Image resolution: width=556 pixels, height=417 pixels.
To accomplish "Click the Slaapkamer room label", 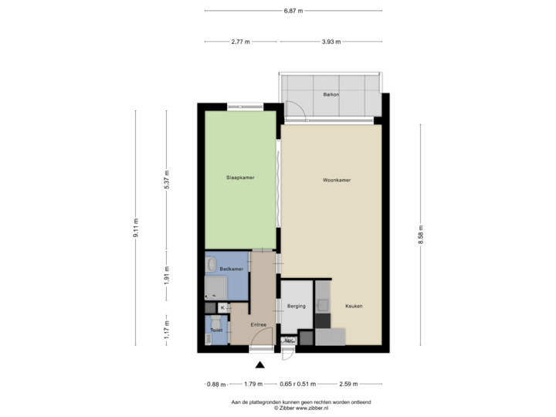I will coord(241,178).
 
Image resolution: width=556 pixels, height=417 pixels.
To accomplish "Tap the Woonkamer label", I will coord(337,180).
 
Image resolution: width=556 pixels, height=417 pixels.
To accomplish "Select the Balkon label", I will coord(331,95).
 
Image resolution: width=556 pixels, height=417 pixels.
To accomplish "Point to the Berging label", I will coord(297,306).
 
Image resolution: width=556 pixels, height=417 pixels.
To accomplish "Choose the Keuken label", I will coord(354,306).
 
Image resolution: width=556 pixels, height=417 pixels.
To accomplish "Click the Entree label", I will coord(258,324).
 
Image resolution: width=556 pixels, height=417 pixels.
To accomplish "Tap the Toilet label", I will coord(216,331).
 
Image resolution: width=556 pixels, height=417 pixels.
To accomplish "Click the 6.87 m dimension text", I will coord(293,11).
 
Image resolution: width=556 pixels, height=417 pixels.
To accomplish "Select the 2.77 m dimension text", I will coord(241,42).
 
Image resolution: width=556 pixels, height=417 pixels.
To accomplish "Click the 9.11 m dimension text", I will coord(136,229).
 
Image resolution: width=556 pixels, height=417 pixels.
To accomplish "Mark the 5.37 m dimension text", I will coord(167,179).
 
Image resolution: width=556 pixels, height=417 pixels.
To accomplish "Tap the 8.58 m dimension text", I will coord(421,235).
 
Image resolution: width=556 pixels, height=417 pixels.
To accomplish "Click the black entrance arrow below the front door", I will coord(260,364).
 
